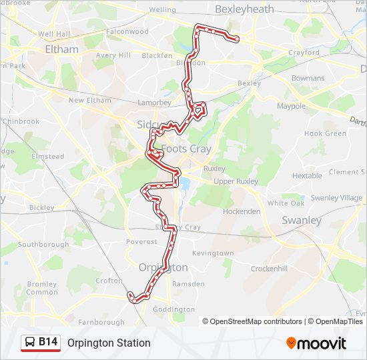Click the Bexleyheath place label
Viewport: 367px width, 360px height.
(x=245, y=9)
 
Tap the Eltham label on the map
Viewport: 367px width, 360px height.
(x=61, y=49)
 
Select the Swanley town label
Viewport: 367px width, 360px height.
(x=302, y=220)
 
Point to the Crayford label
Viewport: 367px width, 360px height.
(x=304, y=53)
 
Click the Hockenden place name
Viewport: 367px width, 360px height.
(x=242, y=211)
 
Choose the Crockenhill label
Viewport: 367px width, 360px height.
(x=269, y=268)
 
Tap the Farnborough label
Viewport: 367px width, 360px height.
(x=101, y=322)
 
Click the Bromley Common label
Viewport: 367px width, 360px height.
(x=42, y=288)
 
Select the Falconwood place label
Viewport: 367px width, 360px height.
(x=127, y=31)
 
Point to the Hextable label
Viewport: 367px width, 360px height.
(x=307, y=176)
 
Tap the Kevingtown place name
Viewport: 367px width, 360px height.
(x=213, y=253)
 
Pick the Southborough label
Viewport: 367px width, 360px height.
(x=43, y=245)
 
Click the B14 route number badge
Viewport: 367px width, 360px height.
(x=48, y=342)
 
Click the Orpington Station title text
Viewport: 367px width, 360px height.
(x=109, y=343)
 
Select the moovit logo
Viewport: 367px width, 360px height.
(x=316, y=343)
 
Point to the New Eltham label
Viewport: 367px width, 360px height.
(x=89, y=101)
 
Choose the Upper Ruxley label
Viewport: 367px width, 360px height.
(x=236, y=181)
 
